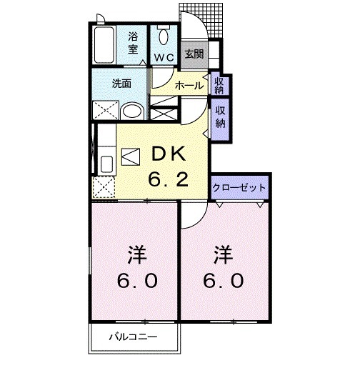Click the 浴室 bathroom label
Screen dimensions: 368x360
pyautogui.click(x=134, y=42)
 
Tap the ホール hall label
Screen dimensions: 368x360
pyautogui.click(x=189, y=85)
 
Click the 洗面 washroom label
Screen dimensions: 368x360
pyautogui.click(x=120, y=83)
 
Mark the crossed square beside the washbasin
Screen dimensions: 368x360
pyautogui.click(x=105, y=111)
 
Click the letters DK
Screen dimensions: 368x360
pyautogui.click(x=168, y=153)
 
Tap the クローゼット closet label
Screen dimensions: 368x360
pyautogui.click(x=239, y=187)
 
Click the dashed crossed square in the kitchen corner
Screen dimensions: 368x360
pyautogui.click(x=104, y=188)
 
